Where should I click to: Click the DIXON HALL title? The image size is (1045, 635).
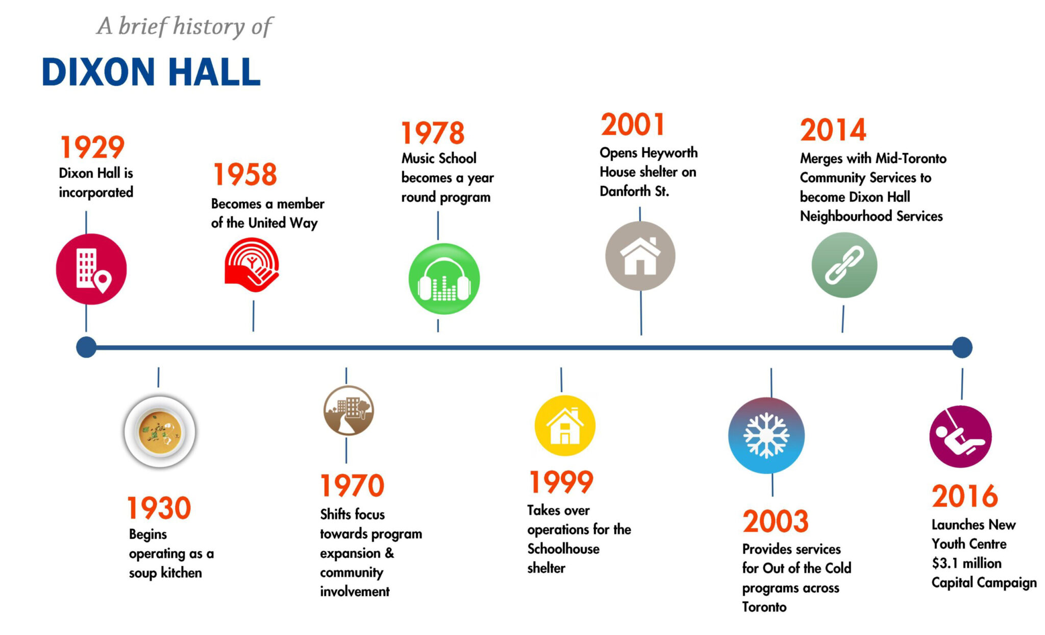[151, 72]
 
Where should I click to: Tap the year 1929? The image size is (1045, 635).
[92, 148]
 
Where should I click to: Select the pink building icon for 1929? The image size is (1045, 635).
[91, 269]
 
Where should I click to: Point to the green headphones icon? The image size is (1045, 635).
[444, 279]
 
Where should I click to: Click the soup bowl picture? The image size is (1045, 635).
[160, 432]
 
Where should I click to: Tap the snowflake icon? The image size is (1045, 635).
[766, 435]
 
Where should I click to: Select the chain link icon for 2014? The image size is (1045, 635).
[844, 265]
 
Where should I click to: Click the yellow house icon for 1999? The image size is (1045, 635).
[564, 426]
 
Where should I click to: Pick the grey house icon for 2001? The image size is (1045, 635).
[640, 256]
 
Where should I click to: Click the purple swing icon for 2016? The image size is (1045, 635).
[960, 437]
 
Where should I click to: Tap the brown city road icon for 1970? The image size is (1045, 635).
[349, 410]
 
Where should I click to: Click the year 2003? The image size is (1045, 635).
[776, 522]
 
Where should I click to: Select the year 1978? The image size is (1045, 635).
[433, 133]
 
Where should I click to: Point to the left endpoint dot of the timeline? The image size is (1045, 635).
[86, 347]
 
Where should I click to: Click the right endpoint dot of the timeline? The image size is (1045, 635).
[962, 347]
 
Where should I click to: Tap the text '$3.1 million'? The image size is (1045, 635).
[966, 563]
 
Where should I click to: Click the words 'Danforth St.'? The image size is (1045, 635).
[634, 191]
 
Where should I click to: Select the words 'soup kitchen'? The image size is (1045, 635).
[165, 573]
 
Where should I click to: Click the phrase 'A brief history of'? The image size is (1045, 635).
[185, 27]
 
